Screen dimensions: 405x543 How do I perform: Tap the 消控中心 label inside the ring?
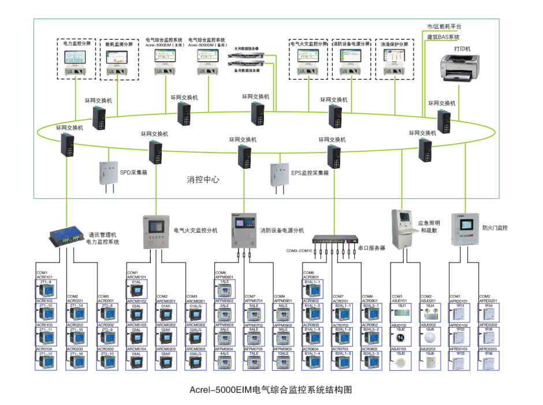pos(203,180)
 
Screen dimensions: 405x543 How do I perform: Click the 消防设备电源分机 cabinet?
pos(244,231)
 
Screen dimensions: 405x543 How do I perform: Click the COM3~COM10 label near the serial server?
pos(299,251)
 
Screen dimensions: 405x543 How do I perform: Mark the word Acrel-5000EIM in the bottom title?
pos(221,389)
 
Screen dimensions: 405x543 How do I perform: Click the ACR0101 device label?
pos(44,277)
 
